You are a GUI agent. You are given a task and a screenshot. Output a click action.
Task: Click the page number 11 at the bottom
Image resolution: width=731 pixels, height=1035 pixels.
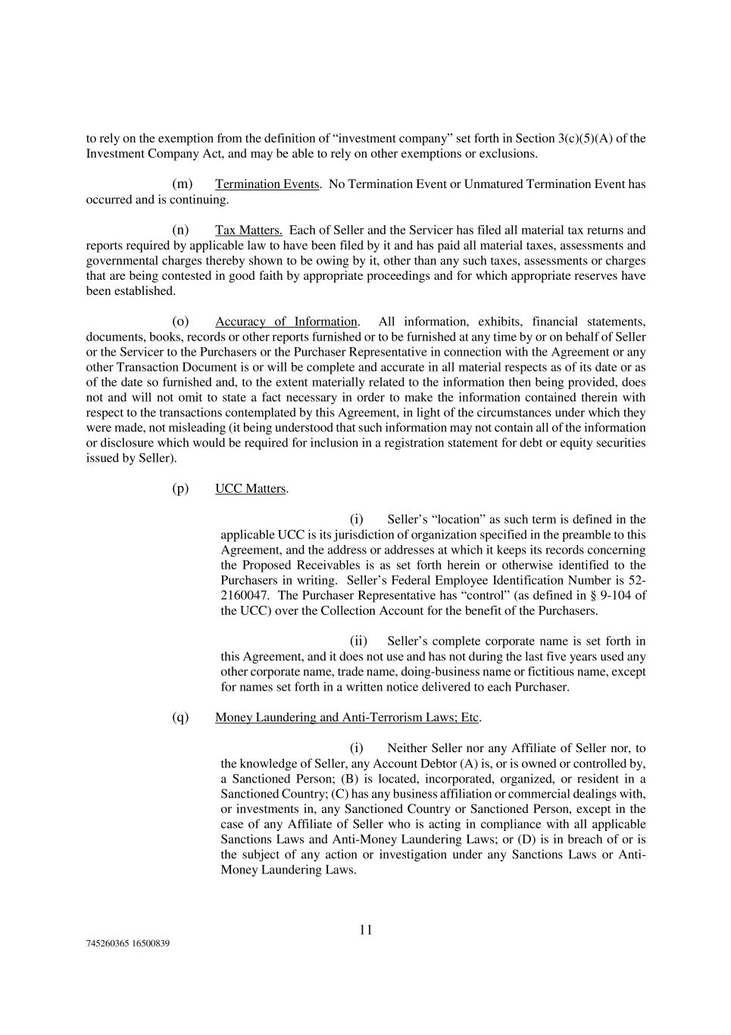366,930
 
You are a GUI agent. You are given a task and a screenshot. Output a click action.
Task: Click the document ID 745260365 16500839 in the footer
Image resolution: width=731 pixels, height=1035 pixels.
127,944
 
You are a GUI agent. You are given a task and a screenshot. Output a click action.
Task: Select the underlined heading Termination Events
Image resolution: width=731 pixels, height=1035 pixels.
267,184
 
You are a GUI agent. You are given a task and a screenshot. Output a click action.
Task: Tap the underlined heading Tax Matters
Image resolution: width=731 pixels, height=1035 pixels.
248,231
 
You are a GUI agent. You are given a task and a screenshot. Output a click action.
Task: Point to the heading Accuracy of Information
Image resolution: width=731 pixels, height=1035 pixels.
286,321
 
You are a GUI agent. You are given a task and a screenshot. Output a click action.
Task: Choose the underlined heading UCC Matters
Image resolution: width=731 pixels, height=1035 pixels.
250,489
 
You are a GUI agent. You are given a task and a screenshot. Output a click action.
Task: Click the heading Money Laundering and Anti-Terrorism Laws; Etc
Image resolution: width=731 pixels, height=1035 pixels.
347,717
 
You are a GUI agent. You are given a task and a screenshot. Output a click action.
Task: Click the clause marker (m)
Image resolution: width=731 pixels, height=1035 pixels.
182,184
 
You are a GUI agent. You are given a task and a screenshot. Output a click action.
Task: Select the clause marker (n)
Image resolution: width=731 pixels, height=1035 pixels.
180,231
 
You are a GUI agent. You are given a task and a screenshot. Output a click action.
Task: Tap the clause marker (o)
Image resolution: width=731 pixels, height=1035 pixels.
180,321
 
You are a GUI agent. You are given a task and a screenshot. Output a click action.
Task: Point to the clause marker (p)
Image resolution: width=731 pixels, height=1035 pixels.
180,489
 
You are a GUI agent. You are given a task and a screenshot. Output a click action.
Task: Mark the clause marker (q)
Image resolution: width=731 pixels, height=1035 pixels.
180,717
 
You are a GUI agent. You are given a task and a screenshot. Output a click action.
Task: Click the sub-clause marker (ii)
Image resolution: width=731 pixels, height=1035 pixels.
358,641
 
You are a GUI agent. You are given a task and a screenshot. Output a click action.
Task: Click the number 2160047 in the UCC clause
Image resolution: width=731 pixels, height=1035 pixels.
245,595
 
